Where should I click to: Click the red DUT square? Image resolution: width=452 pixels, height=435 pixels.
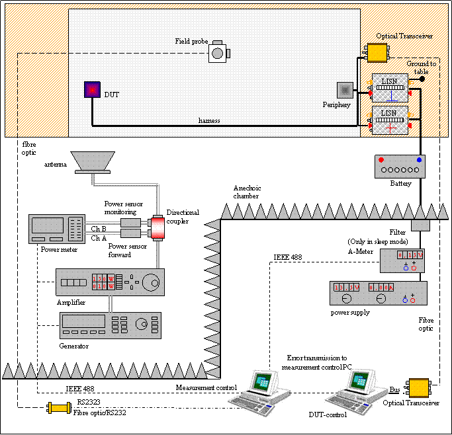click(91, 90)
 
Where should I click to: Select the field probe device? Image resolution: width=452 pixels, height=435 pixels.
click(218, 52)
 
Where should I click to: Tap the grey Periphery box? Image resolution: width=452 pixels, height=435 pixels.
click(345, 90)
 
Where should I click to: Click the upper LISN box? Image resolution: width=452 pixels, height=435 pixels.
click(390, 85)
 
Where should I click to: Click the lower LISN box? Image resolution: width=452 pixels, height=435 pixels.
click(390, 120)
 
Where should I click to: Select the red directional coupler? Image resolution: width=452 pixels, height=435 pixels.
click(158, 227)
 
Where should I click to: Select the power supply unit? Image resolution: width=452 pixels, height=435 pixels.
click(378, 293)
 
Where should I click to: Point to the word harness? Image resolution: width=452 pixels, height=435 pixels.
click(210, 120)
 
